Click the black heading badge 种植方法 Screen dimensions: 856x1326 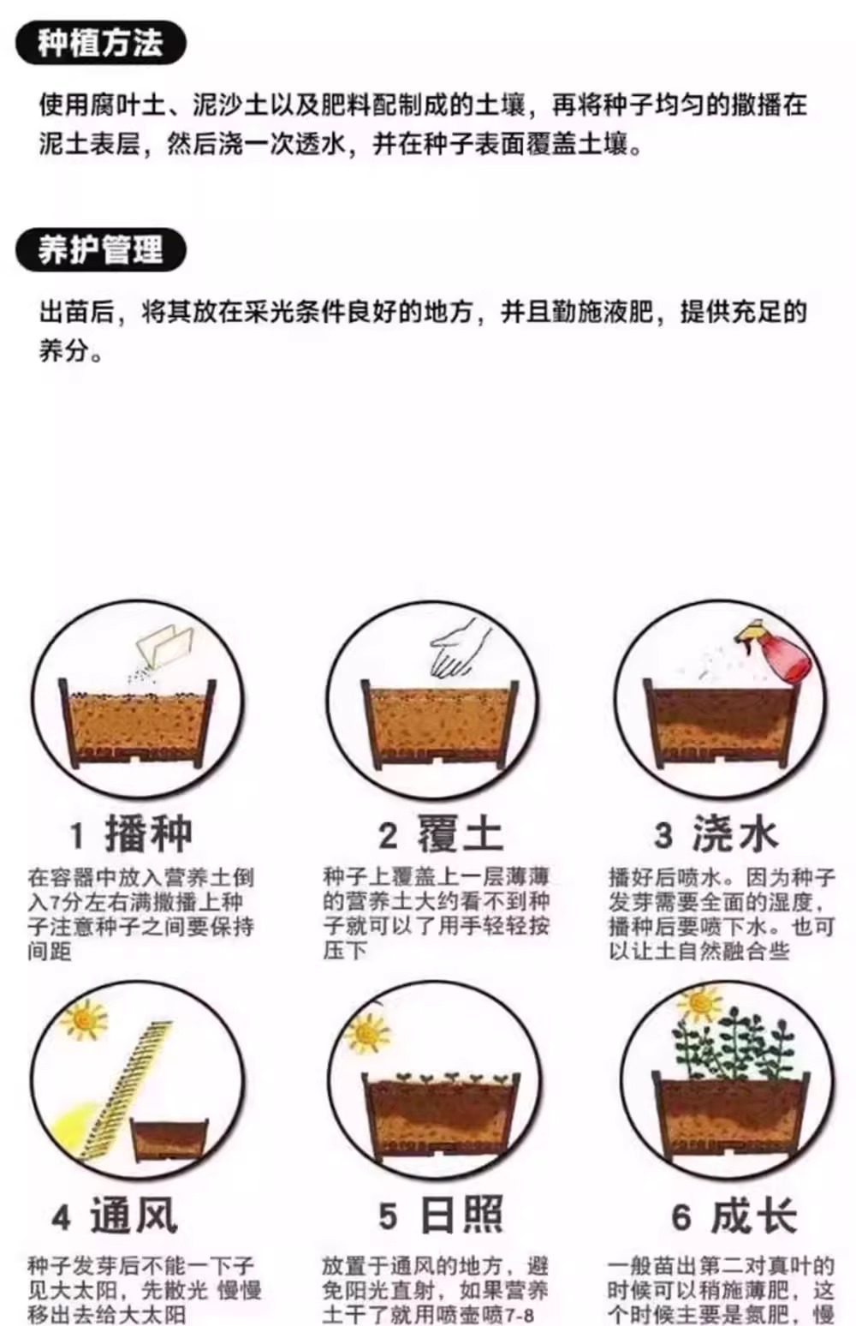100,43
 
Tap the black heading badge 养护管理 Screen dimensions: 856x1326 100,249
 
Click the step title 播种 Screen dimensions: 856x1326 149,834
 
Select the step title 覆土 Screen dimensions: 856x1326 461,834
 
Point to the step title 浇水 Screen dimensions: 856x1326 734,834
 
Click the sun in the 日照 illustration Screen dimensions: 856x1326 366,1032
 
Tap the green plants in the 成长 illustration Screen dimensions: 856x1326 734,1045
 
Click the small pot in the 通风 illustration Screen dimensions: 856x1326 168,1141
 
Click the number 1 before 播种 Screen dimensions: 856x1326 77,836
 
